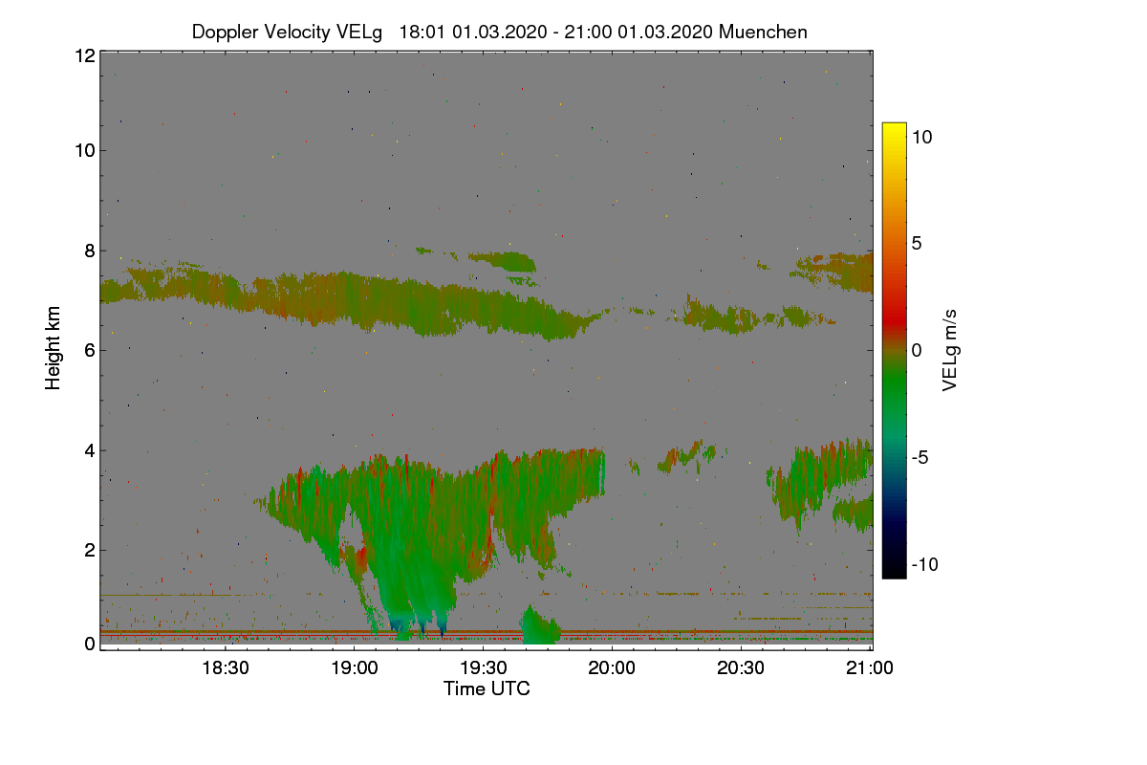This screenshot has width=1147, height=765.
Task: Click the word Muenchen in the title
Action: [763, 32]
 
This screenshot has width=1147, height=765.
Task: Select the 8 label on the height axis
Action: [89, 251]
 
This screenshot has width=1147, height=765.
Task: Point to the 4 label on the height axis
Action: [89, 449]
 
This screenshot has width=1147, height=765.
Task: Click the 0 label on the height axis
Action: [89, 645]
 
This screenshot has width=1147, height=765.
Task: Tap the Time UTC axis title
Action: [486, 688]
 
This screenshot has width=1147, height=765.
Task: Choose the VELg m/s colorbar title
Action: [950, 350]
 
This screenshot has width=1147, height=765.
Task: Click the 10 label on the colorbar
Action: [921, 137]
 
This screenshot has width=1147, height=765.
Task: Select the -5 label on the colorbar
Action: [921, 457]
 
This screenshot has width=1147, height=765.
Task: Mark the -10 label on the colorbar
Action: [924, 564]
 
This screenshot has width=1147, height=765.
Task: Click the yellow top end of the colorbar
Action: [894, 127]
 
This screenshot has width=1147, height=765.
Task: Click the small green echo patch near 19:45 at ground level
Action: [541, 627]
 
